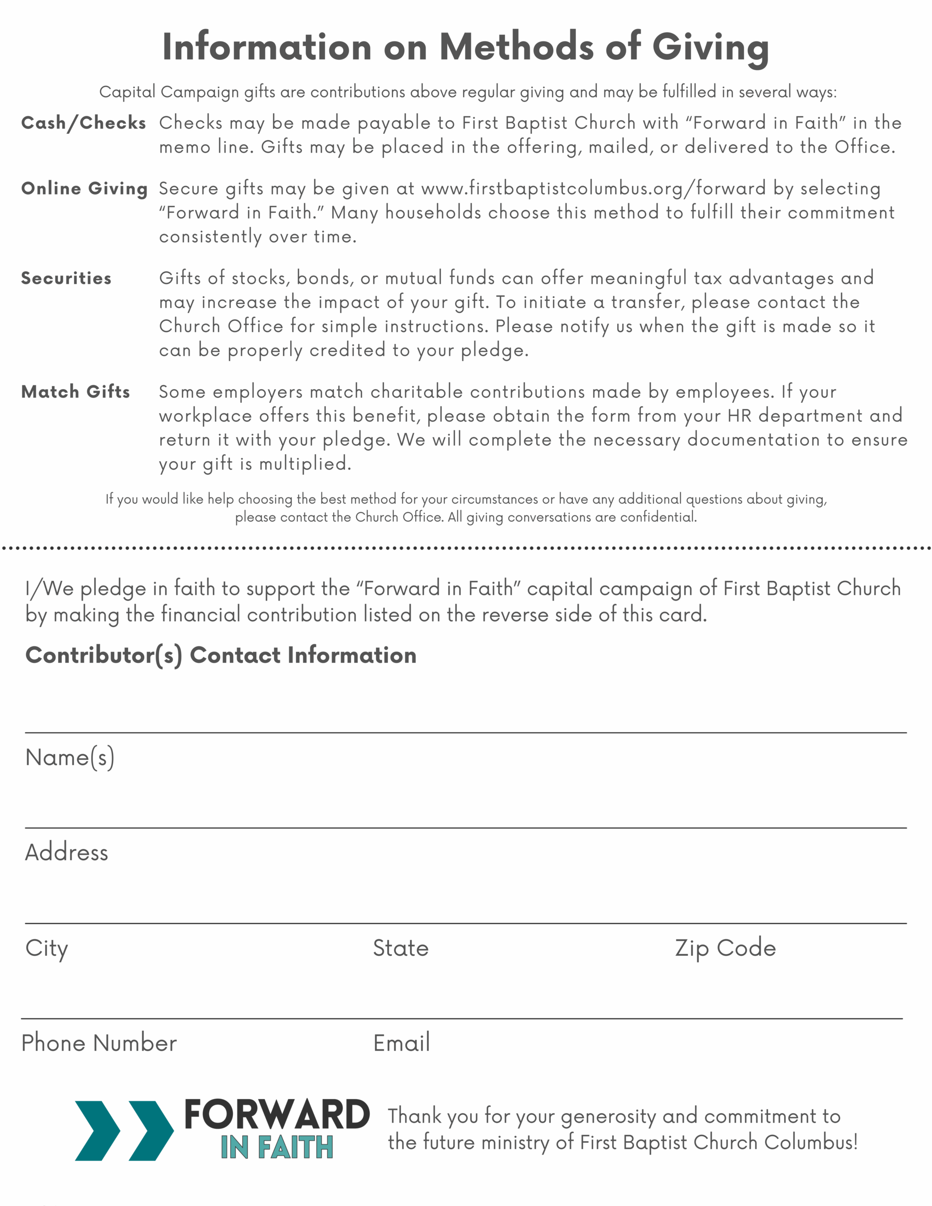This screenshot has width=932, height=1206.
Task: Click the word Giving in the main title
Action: [711, 47]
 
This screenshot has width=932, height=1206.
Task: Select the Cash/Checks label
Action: [83, 122]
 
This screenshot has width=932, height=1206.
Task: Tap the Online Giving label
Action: [84, 188]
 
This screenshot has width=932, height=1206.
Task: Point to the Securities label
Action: [66, 278]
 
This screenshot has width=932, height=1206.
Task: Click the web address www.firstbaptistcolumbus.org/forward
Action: [593, 188]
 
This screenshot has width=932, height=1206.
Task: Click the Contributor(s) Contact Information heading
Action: [221, 655]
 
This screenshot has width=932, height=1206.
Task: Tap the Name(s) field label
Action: [70, 757]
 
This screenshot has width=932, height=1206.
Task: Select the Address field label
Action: [67, 852]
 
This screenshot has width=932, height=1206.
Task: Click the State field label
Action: [401, 948]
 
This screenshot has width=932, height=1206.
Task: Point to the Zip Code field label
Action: [725, 948]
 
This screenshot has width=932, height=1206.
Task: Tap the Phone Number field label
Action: [99, 1043]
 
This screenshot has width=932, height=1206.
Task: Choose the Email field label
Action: [401, 1043]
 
